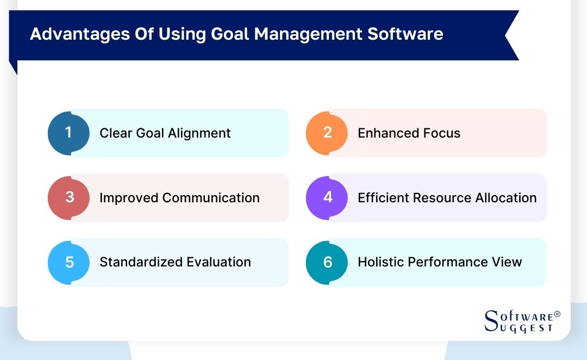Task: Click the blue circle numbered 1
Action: click(x=68, y=133)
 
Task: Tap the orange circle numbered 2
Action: click(x=327, y=133)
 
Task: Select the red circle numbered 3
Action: click(x=68, y=197)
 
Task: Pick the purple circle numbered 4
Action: click(x=327, y=197)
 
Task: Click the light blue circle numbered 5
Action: click(x=68, y=262)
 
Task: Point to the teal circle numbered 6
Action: click(x=327, y=262)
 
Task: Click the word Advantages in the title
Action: click(x=73, y=34)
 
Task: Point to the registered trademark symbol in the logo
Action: click(x=557, y=315)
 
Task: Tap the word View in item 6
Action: click(x=508, y=262)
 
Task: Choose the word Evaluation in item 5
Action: click(x=219, y=262)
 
